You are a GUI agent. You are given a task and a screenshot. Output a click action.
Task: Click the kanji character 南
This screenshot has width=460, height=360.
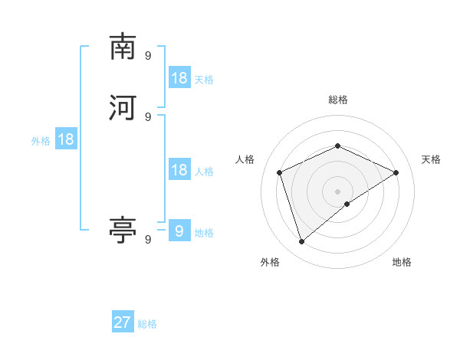123,47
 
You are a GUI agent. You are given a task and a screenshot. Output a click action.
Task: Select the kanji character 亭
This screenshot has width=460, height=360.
123,230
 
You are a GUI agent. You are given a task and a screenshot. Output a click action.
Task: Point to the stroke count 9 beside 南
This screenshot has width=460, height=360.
148,55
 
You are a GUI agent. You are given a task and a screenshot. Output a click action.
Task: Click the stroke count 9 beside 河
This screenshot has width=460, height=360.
148,116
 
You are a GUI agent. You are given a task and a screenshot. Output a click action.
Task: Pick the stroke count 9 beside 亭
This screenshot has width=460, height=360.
148,239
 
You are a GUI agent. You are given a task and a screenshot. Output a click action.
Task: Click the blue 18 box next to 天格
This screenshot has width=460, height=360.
179,78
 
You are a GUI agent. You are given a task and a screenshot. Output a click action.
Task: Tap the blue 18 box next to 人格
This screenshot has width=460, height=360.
179,170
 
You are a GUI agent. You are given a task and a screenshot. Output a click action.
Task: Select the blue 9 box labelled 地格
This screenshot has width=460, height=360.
179,231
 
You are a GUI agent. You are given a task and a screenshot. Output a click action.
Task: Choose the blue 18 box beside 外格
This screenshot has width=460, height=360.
66,139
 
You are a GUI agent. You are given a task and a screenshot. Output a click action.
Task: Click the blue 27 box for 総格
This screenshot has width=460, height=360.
123,322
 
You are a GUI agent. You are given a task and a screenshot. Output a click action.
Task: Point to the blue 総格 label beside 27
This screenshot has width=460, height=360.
147,324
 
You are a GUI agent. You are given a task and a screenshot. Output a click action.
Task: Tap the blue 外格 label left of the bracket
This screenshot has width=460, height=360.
41,140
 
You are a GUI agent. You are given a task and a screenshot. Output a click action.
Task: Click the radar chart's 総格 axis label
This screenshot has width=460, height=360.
337,100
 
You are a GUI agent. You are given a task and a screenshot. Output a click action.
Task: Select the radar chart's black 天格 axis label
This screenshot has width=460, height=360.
431,159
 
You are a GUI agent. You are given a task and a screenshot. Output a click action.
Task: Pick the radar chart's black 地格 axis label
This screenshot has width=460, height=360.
402,262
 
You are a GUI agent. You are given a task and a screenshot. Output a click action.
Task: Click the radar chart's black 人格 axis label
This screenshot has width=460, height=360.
245,159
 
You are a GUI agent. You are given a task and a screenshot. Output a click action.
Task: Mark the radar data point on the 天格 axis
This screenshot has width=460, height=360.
396,172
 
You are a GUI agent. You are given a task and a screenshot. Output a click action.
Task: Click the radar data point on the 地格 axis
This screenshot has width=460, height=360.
347,204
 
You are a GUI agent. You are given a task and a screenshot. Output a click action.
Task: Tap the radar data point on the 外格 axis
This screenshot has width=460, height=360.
301,242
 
